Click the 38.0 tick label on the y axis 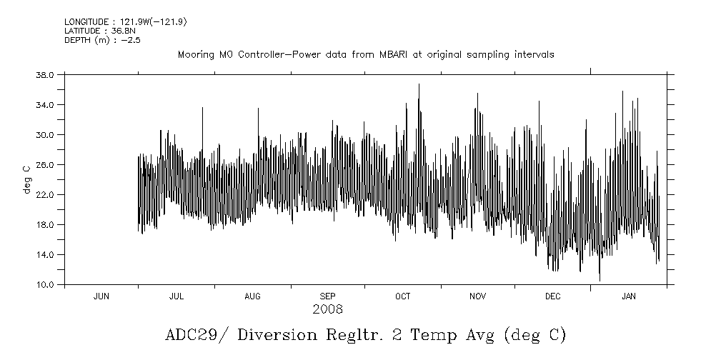coord(45,74)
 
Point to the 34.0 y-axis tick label coord(45,104)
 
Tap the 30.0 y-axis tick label coord(45,134)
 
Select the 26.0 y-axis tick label coord(45,164)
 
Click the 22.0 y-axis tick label coord(45,194)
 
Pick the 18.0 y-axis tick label coord(45,224)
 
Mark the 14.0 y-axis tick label coord(45,254)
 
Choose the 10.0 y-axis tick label coord(45,284)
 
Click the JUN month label coord(101,296)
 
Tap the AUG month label coord(252,296)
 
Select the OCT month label coord(403,296)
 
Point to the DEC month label coord(553,296)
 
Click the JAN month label coord(629,296)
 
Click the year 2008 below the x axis coord(327,309)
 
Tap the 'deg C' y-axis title coord(26,179)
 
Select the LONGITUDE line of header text coord(126,22)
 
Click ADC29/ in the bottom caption coord(190,335)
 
